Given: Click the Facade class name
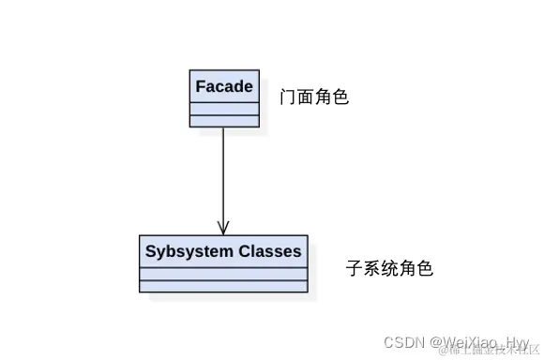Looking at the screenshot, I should point(223,87).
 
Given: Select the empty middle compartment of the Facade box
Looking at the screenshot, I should point(223,110).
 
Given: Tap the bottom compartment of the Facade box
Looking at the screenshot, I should point(223,121).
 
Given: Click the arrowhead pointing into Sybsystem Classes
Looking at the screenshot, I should point(223,227).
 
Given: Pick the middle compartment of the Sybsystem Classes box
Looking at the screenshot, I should point(223,274).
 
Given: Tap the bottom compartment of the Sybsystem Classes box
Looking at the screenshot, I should point(223,286).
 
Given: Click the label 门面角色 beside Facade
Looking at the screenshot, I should point(314,97).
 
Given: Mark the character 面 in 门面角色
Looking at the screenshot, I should point(306,97).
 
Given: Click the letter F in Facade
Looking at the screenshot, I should point(201,87).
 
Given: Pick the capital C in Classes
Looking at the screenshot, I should point(245,251).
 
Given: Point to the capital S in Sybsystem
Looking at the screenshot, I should point(150,251).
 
